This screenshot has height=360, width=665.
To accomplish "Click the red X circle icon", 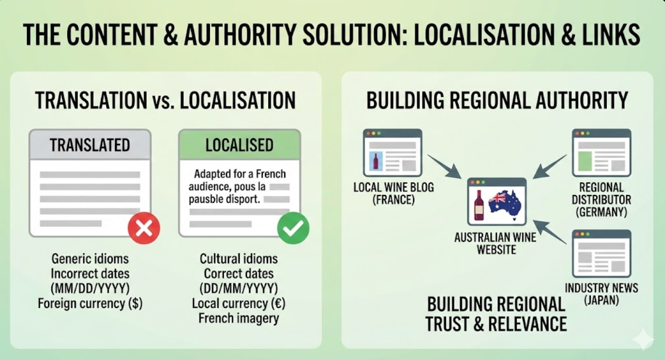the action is (144, 228).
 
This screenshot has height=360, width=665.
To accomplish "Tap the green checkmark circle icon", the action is (293, 228).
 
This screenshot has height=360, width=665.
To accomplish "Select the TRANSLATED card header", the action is (90, 145).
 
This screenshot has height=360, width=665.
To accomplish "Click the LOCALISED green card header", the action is (239, 145).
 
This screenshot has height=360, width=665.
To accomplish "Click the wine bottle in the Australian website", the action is (479, 205).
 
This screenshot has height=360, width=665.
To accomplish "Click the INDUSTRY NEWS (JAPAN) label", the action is (602, 294).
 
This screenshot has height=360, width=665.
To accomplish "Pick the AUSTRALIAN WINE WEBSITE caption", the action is (495, 243).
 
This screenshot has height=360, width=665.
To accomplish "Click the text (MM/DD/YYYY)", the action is (90, 289).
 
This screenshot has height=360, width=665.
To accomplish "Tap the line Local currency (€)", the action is (239, 303).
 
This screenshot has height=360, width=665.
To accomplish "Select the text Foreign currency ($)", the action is (90, 304).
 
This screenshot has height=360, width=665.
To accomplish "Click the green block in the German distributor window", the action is (585, 161).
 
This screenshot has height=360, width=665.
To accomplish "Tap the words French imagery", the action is (239, 318).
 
